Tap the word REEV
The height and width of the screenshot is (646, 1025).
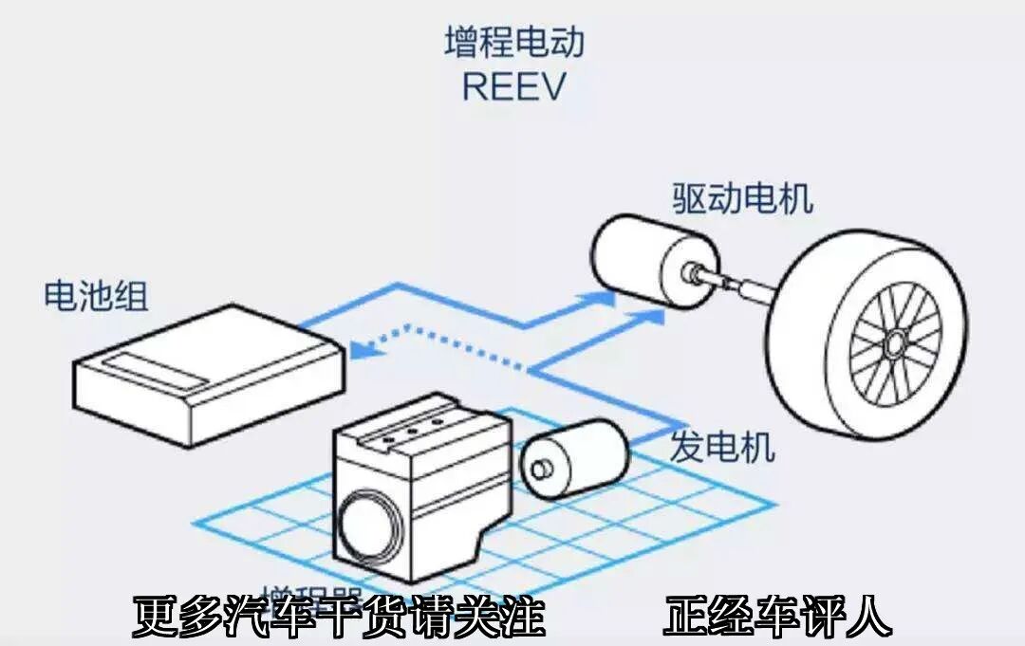(x=513, y=86)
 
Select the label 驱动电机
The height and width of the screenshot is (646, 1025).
(x=742, y=200)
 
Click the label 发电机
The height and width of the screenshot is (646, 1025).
(x=722, y=446)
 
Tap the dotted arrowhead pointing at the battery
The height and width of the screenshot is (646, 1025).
(x=360, y=350)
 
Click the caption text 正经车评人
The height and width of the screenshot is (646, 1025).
(x=777, y=617)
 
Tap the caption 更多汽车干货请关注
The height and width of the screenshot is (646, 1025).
(x=338, y=617)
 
